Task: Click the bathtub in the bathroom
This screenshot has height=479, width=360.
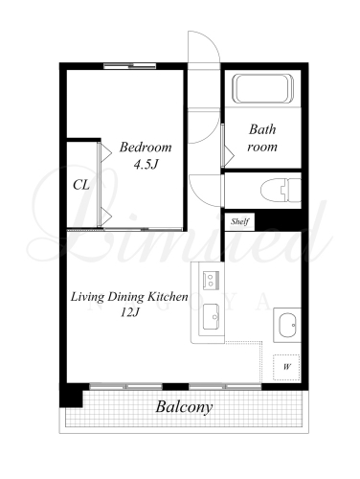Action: pyautogui.click(x=264, y=88)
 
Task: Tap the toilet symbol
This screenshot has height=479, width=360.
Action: pyautogui.click(x=281, y=191)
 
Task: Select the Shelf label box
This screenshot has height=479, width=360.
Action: pyautogui.click(x=239, y=221)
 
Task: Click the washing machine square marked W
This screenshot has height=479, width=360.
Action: pyautogui.click(x=286, y=367)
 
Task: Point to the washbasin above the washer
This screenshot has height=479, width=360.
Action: pyautogui.click(x=287, y=325)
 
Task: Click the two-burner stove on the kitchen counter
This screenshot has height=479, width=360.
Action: pyautogui.click(x=211, y=280)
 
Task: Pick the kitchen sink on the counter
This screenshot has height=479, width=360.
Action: pyautogui.click(x=211, y=316)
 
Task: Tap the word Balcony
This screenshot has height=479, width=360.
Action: pyautogui.click(x=184, y=407)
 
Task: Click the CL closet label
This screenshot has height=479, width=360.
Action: pyautogui.click(x=81, y=185)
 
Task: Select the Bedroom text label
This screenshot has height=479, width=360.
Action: pyautogui.click(x=146, y=148)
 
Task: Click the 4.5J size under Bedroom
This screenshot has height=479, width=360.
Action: pyautogui.click(x=146, y=165)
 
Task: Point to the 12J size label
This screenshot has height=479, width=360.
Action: pyautogui.click(x=130, y=312)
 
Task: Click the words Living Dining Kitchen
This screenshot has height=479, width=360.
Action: pyautogui.click(x=129, y=297)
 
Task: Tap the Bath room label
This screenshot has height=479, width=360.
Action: pyautogui.click(x=262, y=138)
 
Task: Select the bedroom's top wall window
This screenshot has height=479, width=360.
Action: pyautogui.click(x=130, y=66)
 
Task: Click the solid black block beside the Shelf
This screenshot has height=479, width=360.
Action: pyautogui.click(x=279, y=220)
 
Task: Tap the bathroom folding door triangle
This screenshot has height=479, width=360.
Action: pyautogui.click(x=229, y=156)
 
